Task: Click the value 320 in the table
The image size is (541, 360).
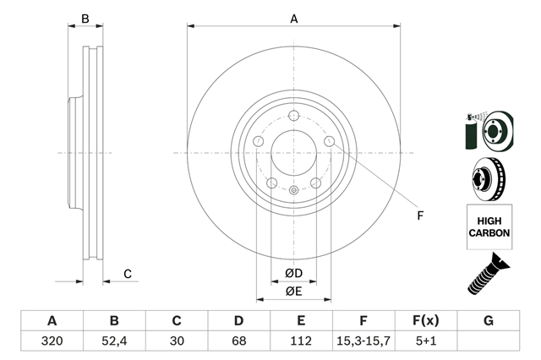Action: (x=52, y=341)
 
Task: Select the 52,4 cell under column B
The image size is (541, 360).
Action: (x=114, y=341)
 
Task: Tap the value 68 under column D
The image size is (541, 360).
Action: (x=238, y=341)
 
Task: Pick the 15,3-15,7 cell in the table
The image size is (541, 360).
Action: (x=363, y=341)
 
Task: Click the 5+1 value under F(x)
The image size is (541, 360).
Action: (x=426, y=341)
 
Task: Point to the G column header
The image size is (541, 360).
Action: (x=489, y=320)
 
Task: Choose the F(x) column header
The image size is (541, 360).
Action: (x=426, y=320)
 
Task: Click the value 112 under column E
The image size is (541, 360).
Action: (x=301, y=341)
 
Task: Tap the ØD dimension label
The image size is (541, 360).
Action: (x=293, y=273)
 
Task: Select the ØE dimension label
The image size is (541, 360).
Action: (x=293, y=292)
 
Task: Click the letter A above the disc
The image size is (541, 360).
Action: (x=293, y=19)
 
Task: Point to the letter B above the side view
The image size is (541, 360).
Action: (x=85, y=19)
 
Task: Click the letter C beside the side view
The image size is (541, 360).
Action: (x=128, y=274)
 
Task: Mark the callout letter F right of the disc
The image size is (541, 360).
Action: (x=420, y=215)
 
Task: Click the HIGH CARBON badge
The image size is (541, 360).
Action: (x=489, y=226)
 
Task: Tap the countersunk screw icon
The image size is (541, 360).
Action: (x=489, y=274)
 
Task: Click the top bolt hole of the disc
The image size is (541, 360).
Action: (x=293, y=116)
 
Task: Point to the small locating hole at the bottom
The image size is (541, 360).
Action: (x=293, y=190)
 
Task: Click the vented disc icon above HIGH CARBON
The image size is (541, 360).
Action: (x=489, y=179)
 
